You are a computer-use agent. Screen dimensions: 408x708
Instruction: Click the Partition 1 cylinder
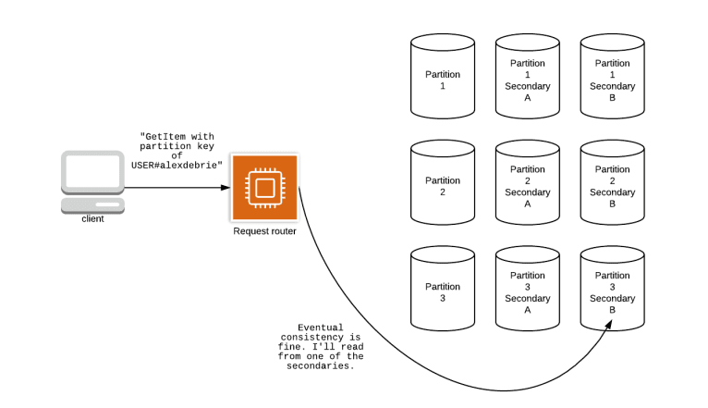443,80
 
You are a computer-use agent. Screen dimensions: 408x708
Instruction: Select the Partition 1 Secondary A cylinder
528,80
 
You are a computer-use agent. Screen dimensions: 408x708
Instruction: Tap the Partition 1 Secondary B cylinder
612,80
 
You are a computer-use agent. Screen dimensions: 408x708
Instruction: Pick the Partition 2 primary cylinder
443,186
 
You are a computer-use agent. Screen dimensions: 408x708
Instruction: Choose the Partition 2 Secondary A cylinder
528,186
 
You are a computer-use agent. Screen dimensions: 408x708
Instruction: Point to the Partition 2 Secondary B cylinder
612,186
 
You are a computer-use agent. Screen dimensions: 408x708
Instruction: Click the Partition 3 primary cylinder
443,291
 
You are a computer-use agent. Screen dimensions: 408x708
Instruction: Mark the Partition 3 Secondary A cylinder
528,291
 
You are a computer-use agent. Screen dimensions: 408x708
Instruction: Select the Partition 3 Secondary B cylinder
612,291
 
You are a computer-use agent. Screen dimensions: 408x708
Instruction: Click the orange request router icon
263,188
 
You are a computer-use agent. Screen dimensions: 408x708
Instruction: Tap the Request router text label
264,231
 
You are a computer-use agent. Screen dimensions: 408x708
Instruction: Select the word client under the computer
92,219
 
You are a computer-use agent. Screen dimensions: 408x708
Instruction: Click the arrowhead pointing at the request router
225,188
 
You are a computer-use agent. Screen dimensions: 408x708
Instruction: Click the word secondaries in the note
321,365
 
